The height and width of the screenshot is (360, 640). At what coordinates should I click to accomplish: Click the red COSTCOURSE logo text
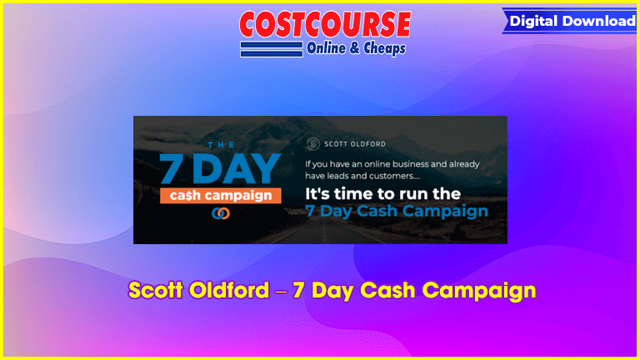click(x=325, y=24)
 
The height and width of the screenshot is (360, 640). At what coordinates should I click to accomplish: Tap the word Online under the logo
click(x=326, y=48)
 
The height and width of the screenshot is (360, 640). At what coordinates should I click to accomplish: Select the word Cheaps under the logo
click(x=384, y=48)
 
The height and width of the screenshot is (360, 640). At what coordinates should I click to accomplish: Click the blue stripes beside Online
click(x=272, y=49)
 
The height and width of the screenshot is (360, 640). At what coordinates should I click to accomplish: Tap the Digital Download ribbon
click(x=570, y=21)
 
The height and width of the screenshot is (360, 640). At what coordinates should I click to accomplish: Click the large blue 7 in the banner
click(x=171, y=168)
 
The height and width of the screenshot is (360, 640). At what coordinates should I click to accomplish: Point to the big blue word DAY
click(x=237, y=168)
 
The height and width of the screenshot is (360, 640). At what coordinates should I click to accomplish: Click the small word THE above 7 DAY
click(x=221, y=145)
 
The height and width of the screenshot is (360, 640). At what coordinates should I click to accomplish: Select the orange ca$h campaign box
click(x=220, y=196)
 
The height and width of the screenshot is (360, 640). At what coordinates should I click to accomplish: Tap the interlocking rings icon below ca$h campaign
click(x=220, y=213)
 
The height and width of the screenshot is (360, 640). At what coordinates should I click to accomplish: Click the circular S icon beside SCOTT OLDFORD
click(x=313, y=143)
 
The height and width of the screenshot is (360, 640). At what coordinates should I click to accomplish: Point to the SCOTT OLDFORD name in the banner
click(x=355, y=144)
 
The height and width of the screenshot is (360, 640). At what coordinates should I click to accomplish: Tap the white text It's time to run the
click(x=382, y=194)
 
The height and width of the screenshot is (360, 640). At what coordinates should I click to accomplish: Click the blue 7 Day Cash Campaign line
click(x=397, y=212)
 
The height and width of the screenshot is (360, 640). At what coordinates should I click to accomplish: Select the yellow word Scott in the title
click(x=156, y=290)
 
